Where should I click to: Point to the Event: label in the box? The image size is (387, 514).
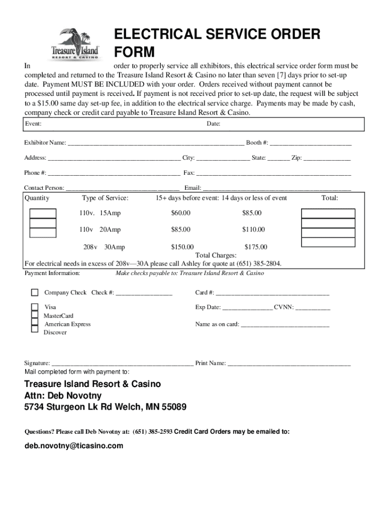tap(33, 124)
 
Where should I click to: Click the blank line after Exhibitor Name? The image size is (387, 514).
tap(156, 144)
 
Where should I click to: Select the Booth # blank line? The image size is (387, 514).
tap(311, 144)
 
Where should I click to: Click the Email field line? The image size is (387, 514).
tap(277, 189)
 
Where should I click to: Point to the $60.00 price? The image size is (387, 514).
tap(180, 213)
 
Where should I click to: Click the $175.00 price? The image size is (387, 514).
tap(256, 247)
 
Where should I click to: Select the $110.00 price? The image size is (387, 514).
tap(253, 230)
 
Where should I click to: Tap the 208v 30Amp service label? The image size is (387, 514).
tap(104, 247)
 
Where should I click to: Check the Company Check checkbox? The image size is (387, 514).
tap(35, 293)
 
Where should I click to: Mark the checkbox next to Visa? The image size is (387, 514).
tap(35, 307)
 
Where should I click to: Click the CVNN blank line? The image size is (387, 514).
tap(313, 308)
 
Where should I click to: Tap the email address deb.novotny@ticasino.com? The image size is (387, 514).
tap(74, 446)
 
